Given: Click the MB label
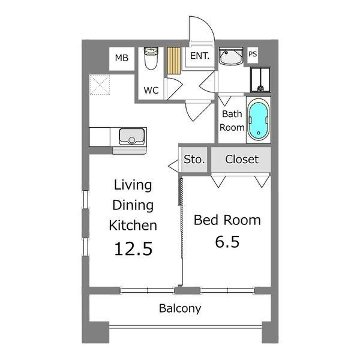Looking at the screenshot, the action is [121, 58].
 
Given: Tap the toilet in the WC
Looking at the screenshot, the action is [151, 58].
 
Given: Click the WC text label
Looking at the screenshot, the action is [151, 90].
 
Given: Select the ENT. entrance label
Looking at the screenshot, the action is [200, 56].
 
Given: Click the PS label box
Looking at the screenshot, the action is [253, 55].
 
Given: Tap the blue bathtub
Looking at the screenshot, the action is [259, 119].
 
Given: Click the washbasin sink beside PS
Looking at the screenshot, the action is [231, 56].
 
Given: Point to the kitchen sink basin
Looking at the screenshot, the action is [131, 136].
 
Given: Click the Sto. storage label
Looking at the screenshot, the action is [194, 160].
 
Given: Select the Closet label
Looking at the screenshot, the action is [242, 160].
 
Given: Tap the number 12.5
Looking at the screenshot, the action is [133, 249].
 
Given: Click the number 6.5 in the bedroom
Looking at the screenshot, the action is [227, 242].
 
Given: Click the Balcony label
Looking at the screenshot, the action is [180, 308].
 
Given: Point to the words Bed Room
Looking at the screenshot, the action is [227, 220].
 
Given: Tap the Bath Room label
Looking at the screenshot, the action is [232, 121].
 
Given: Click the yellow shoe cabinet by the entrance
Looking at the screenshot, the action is [174, 61].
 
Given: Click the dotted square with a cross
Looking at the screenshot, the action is [100, 85].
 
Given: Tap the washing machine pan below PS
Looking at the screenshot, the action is [260, 80].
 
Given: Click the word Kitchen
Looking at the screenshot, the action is [133, 226].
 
